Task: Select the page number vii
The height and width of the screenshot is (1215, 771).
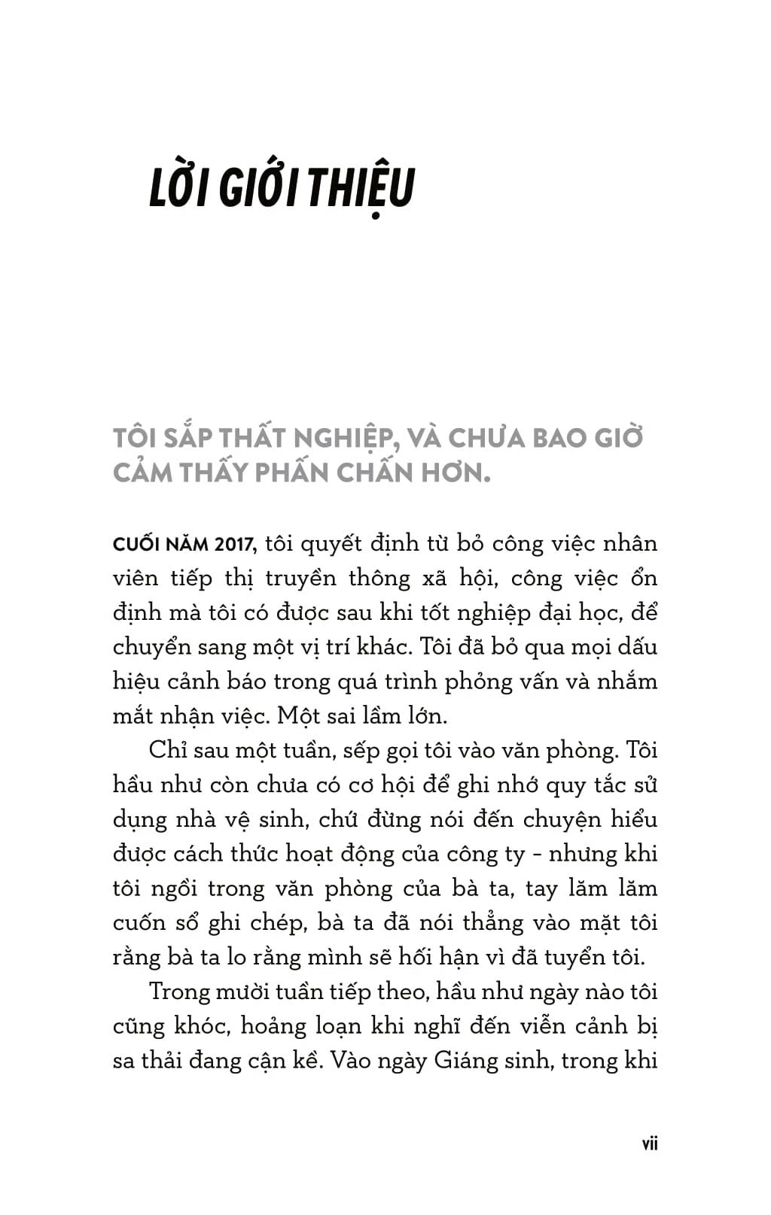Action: (649, 1144)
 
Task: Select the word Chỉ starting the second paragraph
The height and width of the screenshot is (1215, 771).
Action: (168, 750)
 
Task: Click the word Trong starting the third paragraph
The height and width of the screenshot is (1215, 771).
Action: (179, 992)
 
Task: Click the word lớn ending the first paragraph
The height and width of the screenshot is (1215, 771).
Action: (427, 716)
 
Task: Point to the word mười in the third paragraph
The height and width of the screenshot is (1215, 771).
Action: (242, 992)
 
